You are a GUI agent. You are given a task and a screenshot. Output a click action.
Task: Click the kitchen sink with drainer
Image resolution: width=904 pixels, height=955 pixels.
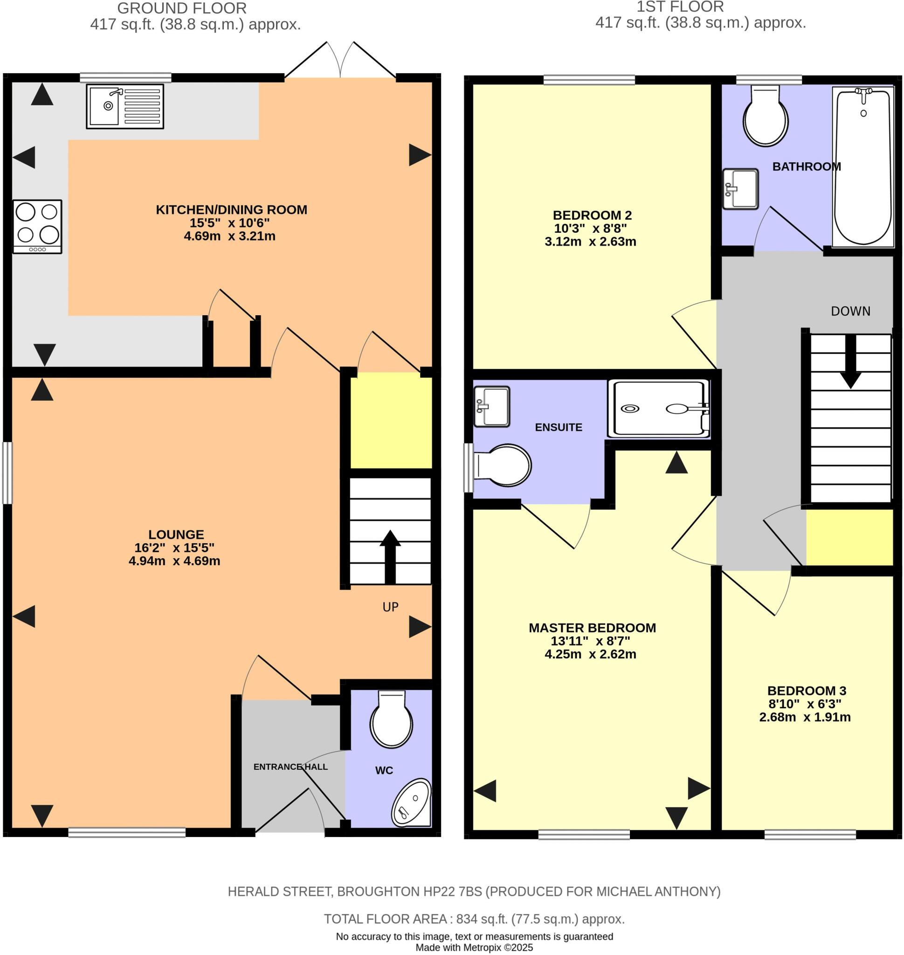[125, 106]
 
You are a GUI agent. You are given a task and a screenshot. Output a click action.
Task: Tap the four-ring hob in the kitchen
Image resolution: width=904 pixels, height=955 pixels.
[38, 226]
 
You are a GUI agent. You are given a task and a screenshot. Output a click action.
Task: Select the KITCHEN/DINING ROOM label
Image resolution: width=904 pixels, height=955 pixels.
[231, 210]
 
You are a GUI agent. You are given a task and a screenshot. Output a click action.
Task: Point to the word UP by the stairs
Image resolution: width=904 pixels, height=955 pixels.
[390, 607]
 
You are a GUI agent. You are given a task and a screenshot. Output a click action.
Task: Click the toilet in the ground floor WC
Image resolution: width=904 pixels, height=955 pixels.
[391, 720]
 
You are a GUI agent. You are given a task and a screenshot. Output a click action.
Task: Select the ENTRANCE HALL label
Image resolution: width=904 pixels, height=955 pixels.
[290, 767]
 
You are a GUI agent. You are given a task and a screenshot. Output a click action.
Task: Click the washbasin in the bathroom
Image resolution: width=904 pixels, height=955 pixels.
[740, 188]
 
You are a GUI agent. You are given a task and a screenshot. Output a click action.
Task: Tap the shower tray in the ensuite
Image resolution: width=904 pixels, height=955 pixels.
[659, 408]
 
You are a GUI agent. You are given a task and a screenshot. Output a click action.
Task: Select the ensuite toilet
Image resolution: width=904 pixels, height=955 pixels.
[503, 465]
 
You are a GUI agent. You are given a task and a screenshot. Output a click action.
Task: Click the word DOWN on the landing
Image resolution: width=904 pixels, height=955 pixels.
[850, 311]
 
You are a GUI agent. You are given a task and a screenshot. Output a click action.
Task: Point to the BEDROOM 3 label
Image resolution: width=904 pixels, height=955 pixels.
[806, 690]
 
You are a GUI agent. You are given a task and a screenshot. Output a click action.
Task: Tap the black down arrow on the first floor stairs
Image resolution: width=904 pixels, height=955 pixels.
[850, 361]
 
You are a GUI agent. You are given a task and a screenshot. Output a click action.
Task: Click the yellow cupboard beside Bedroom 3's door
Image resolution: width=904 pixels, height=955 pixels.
[849, 537]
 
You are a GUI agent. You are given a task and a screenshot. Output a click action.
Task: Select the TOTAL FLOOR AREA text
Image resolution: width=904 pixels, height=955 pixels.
[474, 919]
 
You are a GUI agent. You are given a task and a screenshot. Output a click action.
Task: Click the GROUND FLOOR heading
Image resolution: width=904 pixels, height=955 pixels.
[182, 8]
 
